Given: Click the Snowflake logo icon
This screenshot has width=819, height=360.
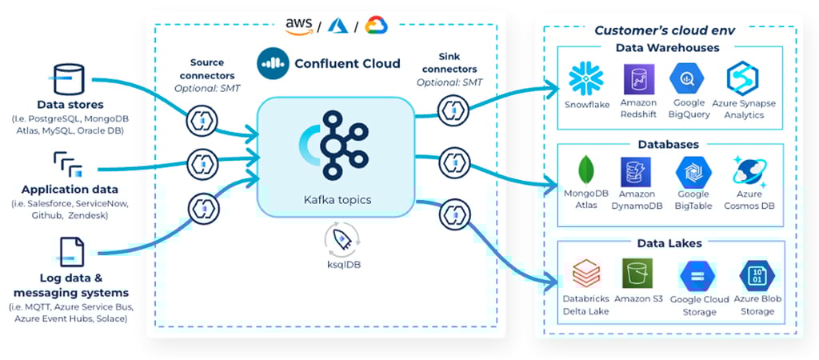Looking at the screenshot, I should point(586,78).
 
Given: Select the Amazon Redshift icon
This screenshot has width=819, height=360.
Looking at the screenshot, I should point(638,79).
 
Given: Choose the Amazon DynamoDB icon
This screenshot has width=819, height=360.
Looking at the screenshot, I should point(637,171).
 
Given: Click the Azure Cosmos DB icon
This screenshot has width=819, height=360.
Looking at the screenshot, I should point(750,171).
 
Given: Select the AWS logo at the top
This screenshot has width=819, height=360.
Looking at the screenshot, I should point(298,26).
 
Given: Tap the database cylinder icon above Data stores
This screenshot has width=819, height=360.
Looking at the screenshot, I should point(70,79).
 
